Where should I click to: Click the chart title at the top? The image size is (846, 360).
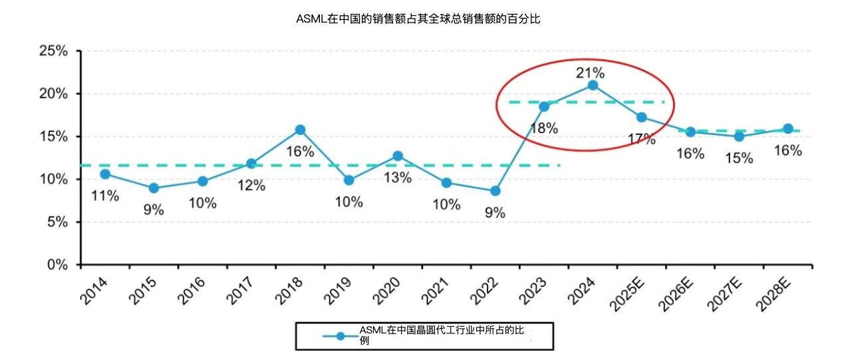click(x=418, y=19)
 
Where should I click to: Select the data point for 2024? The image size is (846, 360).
click(x=593, y=85)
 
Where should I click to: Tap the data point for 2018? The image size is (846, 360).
click(x=300, y=130)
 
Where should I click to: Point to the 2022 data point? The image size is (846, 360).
click(x=495, y=191)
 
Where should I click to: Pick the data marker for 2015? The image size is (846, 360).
click(x=154, y=188)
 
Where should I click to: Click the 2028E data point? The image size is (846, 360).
click(x=788, y=129)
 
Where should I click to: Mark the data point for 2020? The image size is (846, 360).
click(x=398, y=156)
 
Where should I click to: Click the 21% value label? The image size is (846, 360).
click(x=591, y=73)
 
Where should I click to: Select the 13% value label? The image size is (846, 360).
click(x=398, y=177)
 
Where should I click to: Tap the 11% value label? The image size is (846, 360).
click(x=105, y=196)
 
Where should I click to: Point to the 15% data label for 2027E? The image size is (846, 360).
click(x=739, y=158)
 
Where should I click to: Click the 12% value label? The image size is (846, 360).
click(x=251, y=186)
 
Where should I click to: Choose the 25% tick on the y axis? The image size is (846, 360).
click(x=54, y=51)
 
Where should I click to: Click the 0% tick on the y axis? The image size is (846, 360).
click(x=57, y=265)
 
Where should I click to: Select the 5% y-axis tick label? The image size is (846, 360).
click(x=57, y=222)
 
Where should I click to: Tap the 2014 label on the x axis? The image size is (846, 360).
click(x=94, y=291)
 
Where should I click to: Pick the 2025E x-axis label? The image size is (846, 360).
click(x=627, y=294)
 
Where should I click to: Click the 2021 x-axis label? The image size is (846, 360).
click(x=435, y=291)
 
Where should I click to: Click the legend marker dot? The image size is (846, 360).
click(x=341, y=336)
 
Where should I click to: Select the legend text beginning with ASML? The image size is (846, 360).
click(x=442, y=335)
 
